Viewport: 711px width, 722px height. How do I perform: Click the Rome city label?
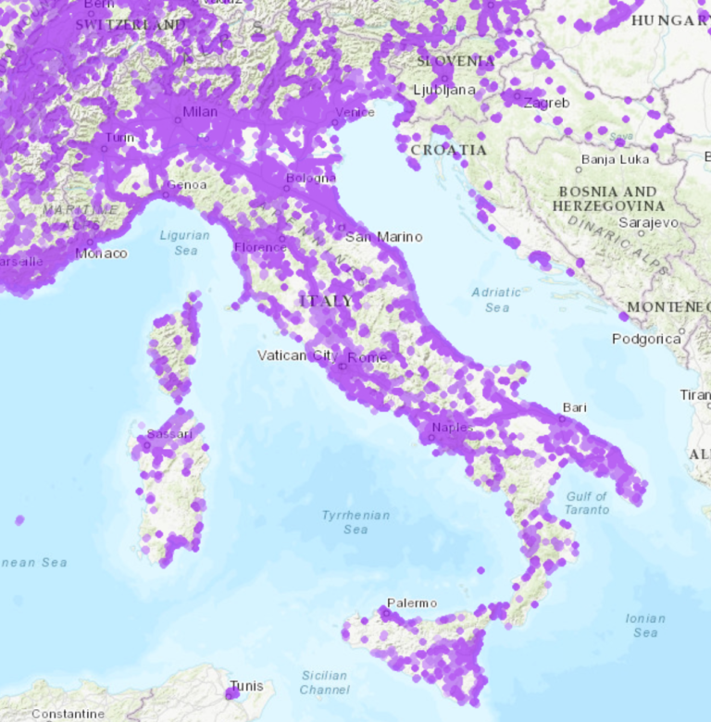coord(367,357)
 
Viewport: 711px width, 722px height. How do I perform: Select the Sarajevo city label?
coord(648,223)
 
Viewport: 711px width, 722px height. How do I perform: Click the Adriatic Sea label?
coord(496,299)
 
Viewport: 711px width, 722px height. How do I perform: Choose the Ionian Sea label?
coord(645,625)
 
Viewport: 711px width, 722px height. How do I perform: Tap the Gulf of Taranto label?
coord(587,503)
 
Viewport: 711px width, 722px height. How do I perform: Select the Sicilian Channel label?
coord(324,682)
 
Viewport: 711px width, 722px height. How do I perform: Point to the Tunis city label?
coord(247,686)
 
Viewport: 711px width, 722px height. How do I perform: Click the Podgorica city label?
coord(646,339)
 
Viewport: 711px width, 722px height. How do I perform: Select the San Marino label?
coord(383,237)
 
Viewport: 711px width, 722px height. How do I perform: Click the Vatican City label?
coord(296,355)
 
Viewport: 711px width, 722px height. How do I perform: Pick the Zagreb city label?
coord(546,103)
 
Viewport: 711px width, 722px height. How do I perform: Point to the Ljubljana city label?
coord(444,90)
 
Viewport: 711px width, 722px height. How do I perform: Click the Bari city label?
coord(575,407)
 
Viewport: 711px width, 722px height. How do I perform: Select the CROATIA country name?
coord(448,149)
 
